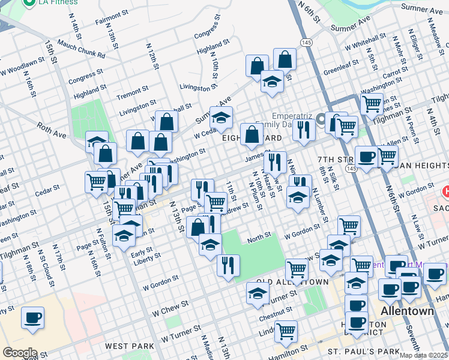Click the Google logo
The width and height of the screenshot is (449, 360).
click(20, 353)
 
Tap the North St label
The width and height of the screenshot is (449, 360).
click(259, 238)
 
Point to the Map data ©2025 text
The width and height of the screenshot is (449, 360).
click(424, 355)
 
